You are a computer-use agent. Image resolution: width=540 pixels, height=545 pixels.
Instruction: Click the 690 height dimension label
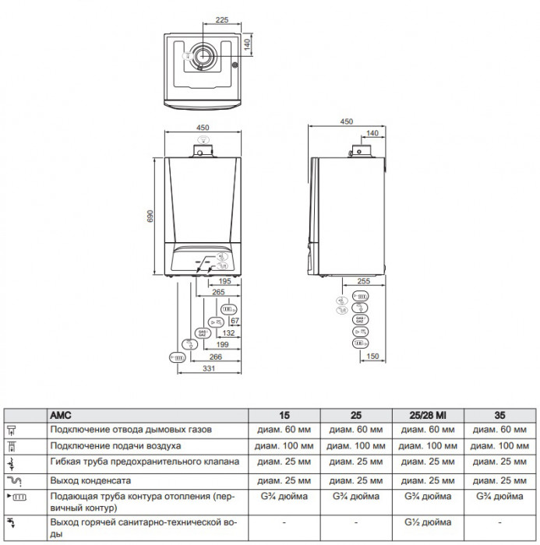(x=150, y=216)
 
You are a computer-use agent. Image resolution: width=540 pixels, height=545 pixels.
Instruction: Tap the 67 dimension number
(x=235, y=321)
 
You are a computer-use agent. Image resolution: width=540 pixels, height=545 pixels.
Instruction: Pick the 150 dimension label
(x=373, y=357)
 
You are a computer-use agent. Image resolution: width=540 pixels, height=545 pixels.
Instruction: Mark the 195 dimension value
(x=224, y=282)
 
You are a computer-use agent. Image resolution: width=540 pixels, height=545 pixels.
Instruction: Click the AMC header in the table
(x=61, y=415)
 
